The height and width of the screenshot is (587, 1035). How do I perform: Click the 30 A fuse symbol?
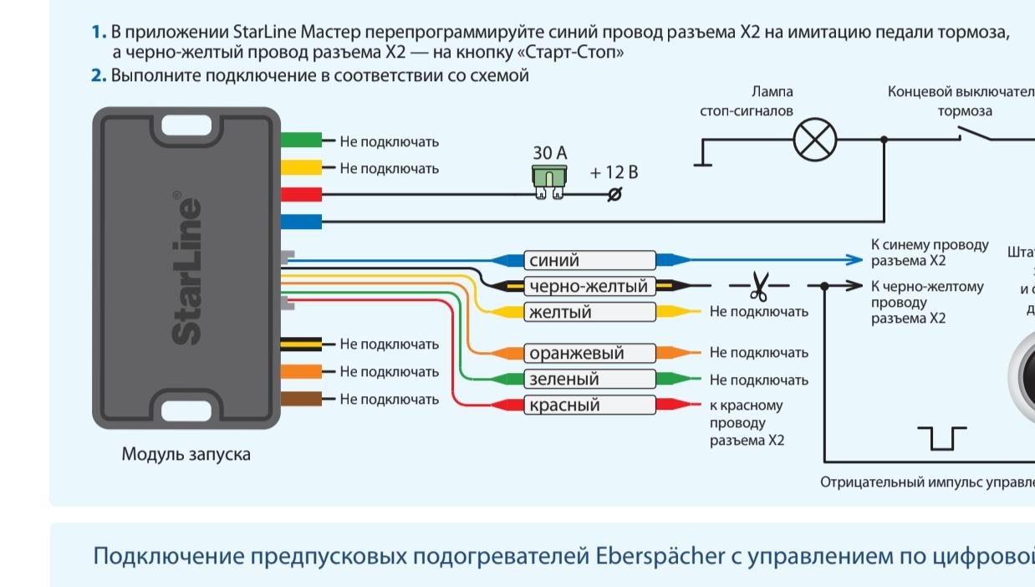click(549, 181)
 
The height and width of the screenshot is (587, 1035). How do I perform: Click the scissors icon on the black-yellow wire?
click(758, 286)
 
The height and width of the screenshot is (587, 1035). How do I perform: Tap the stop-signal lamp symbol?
click(813, 140)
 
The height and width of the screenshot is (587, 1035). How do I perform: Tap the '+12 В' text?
click(614, 172)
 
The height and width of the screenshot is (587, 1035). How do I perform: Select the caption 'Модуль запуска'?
click(186, 455)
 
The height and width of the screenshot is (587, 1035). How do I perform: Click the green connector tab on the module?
click(301, 140)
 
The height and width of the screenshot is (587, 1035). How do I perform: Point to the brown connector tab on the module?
click(301, 399)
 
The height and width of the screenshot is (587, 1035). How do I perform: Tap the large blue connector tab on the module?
click(301, 222)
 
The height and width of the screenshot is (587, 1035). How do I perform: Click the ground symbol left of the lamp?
click(703, 159)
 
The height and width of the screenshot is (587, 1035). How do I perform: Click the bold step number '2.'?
click(99, 75)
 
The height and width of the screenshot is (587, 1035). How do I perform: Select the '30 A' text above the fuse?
click(549, 153)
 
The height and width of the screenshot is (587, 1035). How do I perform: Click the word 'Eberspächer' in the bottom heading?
click(660, 556)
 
